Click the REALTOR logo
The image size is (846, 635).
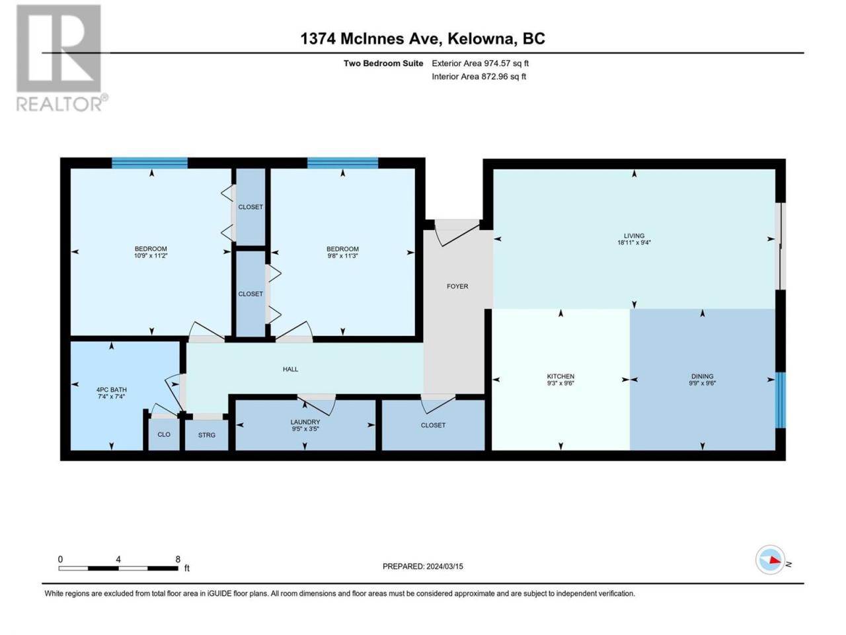tap(61, 58)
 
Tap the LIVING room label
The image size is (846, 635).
tap(634, 235)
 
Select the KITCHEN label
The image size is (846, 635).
tap(560, 376)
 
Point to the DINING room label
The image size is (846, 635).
tap(702, 376)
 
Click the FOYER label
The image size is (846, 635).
tap(457, 286)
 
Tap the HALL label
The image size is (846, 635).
tap(290, 369)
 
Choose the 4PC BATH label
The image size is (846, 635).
tap(112, 390)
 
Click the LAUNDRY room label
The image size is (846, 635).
tap(305, 422)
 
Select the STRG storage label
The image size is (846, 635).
tap(207, 435)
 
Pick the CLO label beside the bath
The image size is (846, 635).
tap(164, 434)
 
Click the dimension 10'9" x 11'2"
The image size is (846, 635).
tap(150, 255)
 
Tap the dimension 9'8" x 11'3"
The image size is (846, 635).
tap(342, 255)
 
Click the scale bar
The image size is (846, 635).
tap(118, 568)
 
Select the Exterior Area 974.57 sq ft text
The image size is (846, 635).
tap(480, 63)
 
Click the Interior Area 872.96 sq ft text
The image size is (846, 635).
tap(479, 76)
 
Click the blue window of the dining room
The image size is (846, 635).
tap(780, 400)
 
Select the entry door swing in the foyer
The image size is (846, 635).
tap(457, 233)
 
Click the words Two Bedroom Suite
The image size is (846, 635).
tap(383, 63)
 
